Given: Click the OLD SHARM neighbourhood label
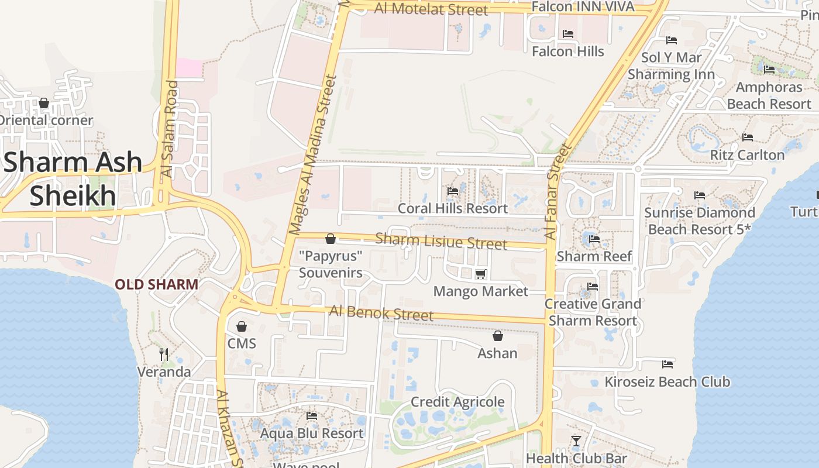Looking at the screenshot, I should click(x=156, y=285).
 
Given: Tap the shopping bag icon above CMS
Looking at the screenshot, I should click(x=242, y=326).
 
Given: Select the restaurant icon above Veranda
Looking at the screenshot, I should click(x=164, y=354).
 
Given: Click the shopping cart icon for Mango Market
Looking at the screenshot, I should click(x=480, y=274).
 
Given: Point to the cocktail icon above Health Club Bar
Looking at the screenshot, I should click(x=576, y=441).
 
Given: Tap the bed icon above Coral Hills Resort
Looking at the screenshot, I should click(x=453, y=191).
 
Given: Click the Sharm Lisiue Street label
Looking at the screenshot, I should click(x=441, y=240).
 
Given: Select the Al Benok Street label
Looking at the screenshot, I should click(x=381, y=312).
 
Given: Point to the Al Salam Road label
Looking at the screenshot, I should click(x=169, y=129).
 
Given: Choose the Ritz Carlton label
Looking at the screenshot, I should click(x=747, y=155).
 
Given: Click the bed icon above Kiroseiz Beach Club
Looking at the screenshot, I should click(x=667, y=364).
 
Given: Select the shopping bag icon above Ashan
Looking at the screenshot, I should click(x=497, y=336).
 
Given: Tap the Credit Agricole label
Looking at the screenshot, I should click(x=457, y=402).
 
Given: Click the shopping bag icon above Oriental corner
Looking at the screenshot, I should click(x=43, y=104).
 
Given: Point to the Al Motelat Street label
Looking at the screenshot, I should click(x=431, y=9).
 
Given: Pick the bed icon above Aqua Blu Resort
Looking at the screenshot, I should click(x=312, y=416).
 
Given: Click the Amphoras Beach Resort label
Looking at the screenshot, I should click(x=769, y=95).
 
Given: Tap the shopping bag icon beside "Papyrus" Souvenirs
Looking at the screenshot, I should click(x=331, y=239).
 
